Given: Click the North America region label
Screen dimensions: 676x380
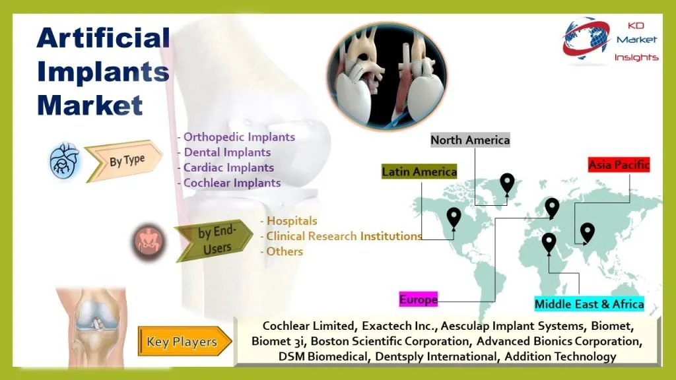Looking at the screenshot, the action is point(470,140).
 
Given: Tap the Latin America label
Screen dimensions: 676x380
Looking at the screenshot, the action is point(419,172).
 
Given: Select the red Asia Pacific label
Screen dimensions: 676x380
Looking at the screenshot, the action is point(619,164).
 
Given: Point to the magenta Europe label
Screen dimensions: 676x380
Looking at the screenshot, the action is point(418,300).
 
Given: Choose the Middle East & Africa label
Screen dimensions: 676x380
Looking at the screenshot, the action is point(589,303).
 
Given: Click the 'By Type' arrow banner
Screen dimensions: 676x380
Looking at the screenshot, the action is point(124,161).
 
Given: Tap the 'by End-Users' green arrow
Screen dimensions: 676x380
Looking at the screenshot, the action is point(214,239).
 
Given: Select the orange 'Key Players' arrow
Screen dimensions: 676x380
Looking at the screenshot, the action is point(185,341).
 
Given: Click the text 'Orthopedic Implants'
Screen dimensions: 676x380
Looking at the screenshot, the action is point(239,137).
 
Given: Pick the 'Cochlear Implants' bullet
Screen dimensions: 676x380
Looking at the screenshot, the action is point(232,183).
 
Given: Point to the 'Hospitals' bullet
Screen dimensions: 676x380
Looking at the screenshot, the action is point(292,220).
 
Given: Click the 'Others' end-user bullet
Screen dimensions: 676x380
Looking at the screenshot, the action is point(285,251).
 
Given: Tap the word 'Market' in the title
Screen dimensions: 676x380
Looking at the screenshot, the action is point(90,105).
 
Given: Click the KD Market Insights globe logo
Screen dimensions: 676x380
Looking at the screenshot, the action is point(586,39).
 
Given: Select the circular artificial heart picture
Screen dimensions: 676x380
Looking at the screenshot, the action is point(387,76).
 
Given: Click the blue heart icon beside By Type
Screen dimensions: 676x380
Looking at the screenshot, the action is point(65,161).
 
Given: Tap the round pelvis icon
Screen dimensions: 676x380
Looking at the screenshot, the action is point(149,242).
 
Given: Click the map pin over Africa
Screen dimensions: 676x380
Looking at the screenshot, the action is point(549,243).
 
